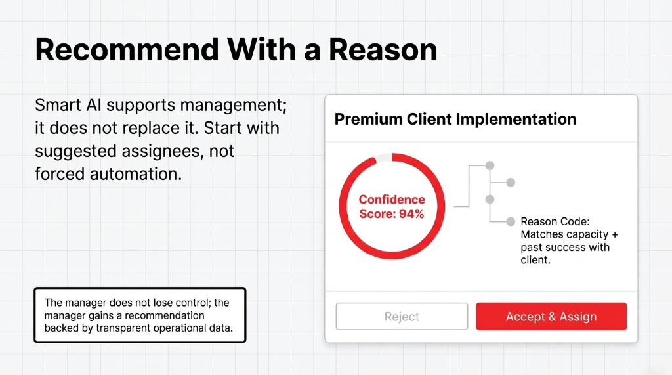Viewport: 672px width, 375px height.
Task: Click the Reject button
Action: click(402, 317)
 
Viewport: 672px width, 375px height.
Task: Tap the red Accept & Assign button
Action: click(551, 317)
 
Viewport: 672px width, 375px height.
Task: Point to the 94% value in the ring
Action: click(411, 213)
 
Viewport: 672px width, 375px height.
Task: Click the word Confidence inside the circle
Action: click(392, 200)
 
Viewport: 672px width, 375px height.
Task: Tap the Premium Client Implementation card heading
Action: click(455, 120)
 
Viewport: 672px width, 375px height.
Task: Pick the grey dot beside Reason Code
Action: click(511, 222)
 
